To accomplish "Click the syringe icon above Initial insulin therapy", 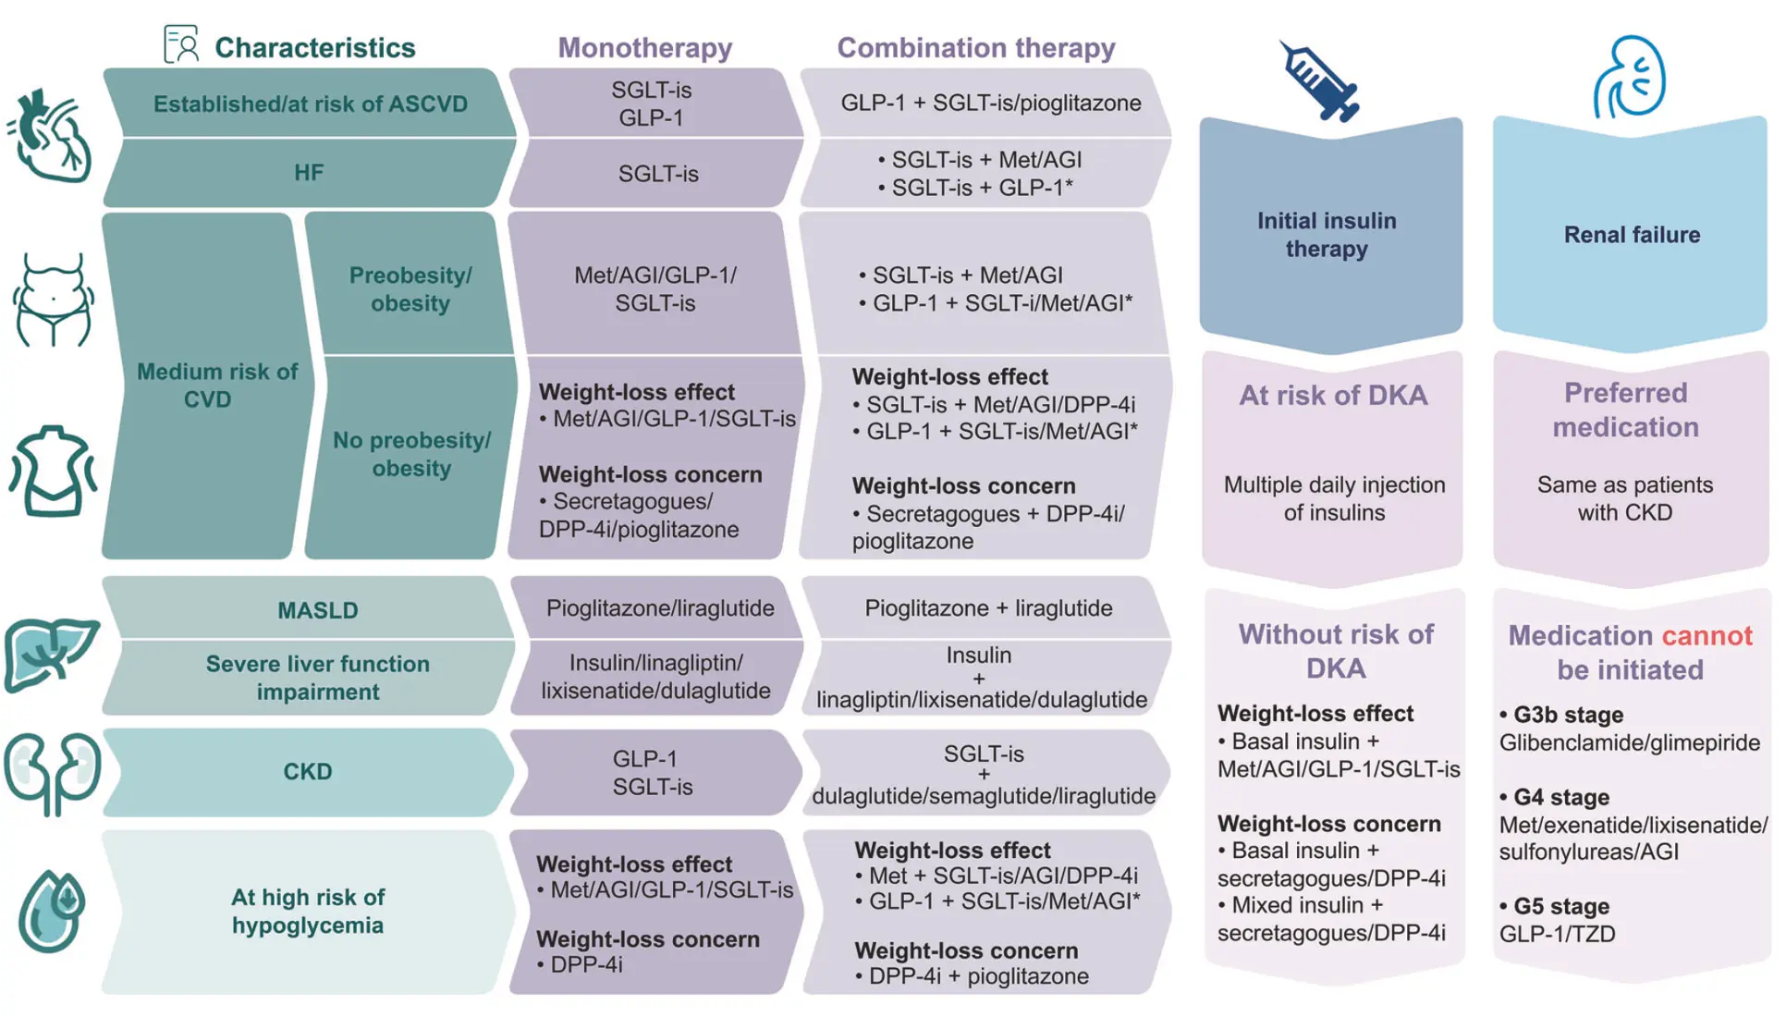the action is tap(1319, 81).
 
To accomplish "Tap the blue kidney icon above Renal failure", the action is tap(1629, 77).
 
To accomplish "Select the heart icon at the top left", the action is tap(50, 136).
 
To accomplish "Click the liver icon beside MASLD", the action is tap(51, 655).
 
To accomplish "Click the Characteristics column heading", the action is tap(315, 47).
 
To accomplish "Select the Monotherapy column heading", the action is tap(645, 47).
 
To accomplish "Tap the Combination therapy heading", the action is tap(976, 47).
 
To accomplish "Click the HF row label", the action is tap(309, 173).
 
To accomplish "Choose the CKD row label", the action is tap(308, 771).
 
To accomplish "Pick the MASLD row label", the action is tap(318, 610).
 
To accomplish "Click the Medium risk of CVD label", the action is tap(217, 385).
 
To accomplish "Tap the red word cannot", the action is tap(1706, 635).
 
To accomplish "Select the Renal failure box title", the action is tap(1632, 234).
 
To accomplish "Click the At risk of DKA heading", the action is tap(1333, 395).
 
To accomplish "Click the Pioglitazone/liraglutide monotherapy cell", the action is tap(660, 607).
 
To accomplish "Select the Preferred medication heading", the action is tap(1625, 410).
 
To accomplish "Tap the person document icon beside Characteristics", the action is tap(181, 43).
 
